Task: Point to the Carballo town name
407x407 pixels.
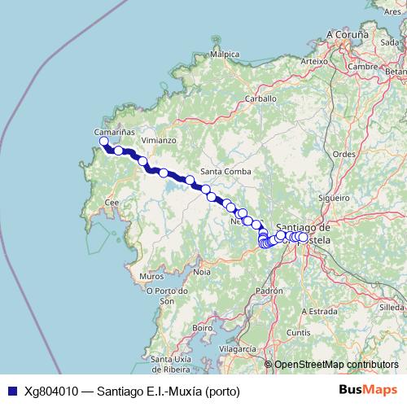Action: tap(262, 98)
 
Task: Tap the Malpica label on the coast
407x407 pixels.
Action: tap(225, 55)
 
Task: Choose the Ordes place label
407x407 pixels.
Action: tap(345, 153)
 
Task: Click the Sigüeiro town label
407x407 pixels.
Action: tap(334, 197)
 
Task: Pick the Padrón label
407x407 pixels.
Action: tap(269, 290)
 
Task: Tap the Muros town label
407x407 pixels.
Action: tap(151, 277)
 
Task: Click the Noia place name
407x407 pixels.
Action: tap(202, 271)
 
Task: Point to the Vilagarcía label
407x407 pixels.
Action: tap(238, 348)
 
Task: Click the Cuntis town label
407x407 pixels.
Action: tap(298, 332)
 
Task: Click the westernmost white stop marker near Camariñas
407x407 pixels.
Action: tap(104, 142)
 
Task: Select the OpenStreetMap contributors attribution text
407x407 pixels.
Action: tap(336, 365)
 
